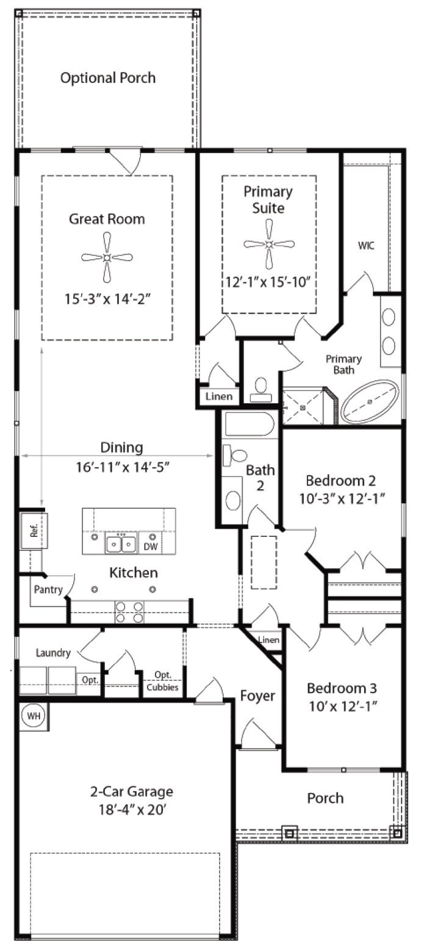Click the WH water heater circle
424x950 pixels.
tap(34, 716)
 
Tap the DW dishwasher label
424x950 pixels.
tap(151, 547)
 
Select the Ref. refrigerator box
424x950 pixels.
tap(34, 531)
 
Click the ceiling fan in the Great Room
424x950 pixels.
tap(107, 257)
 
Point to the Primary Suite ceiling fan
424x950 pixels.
tap(269, 244)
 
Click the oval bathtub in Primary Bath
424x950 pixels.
tap(370, 401)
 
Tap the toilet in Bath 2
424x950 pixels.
tap(235, 456)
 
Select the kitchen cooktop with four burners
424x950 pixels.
tap(129, 612)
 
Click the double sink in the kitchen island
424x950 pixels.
tap(121, 543)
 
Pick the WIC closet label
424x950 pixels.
tap(366, 245)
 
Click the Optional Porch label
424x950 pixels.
tap(108, 78)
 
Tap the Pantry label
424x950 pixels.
tap(48, 589)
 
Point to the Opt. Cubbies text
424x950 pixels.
tap(162, 681)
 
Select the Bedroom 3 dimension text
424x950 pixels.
tap(343, 706)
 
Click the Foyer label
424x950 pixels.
tap(257, 696)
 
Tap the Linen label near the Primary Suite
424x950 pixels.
tap(219, 397)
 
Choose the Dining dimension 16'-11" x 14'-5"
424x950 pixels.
tap(123, 467)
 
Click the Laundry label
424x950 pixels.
tap(53, 653)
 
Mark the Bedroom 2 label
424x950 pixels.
tap(340, 481)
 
